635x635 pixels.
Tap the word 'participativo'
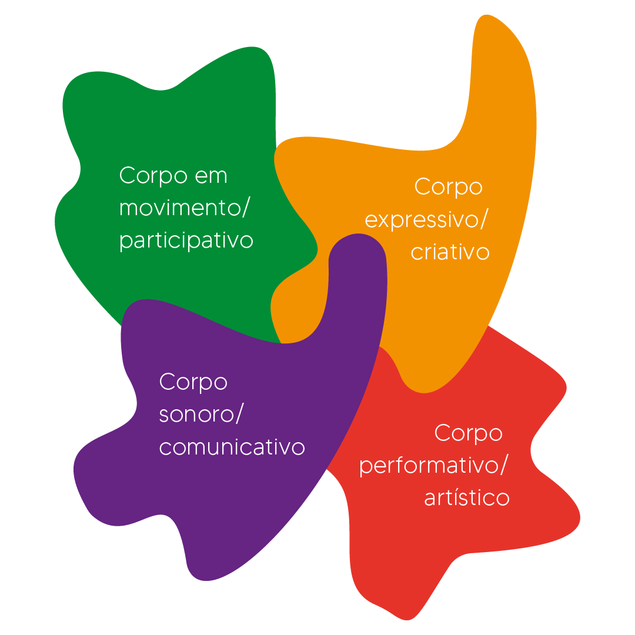pyautogui.click(x=186, y=241)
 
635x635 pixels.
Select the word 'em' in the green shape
pyautogui.click(x=209, y=176)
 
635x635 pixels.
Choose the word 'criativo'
pyautogui.click(x=450, y=252)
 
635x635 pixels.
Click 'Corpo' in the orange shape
pyautogui.click(x=448, y=188)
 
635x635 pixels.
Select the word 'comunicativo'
pyautogui.click(x=232, y=447)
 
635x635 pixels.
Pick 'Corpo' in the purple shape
pyautogui.click(x=193, y=382)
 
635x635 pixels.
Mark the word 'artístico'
pyautogui.click(x=466, y=498)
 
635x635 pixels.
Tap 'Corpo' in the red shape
pyautogui.click(x=468, y=433)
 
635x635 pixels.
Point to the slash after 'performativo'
pyautogui.click(x=504, y=466)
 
